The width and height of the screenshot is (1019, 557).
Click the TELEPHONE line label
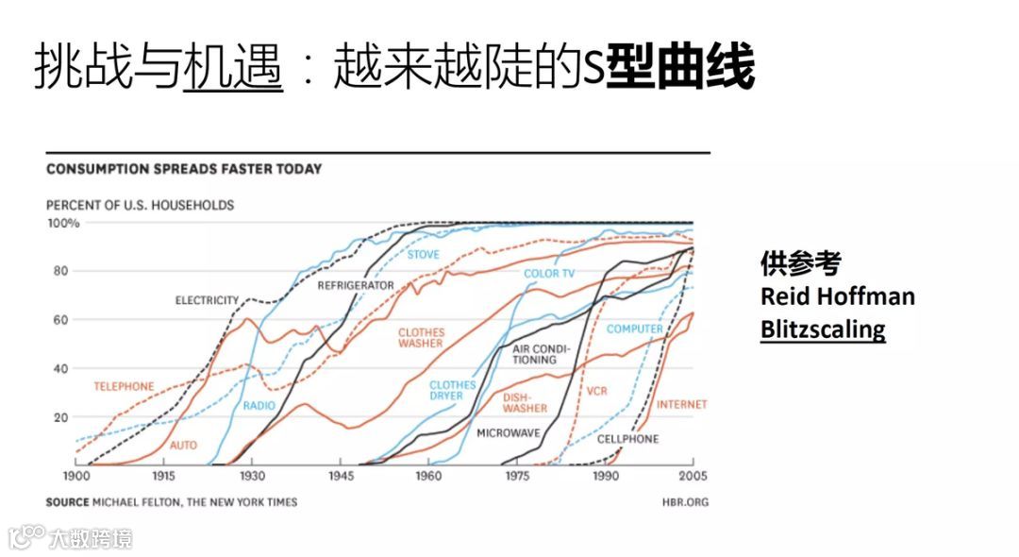(x=124, y=386)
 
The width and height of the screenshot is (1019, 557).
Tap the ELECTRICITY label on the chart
(x=207, y=300)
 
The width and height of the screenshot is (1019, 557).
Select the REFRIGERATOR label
(x=356, y=284)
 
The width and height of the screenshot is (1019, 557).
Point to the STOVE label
(x=424, y=255)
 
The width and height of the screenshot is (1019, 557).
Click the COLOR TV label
(x=549, y=274)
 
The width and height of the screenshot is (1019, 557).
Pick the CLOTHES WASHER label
(x=421, y=338)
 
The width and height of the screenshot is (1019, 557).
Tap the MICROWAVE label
(x=508, y=432)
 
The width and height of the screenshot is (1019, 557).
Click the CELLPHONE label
(x=628, y=439)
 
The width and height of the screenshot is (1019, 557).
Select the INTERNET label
(x=681, y=404)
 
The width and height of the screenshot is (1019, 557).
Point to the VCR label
(x=596, y=391)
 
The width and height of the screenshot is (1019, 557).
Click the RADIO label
(x=259, y=406)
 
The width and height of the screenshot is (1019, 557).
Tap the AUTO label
(x=183, y=445)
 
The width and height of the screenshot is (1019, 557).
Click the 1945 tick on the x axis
(x=341, y=476)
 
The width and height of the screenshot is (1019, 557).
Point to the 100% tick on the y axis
(x=63, y=223)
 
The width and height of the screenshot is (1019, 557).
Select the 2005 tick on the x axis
(x=693, y=476)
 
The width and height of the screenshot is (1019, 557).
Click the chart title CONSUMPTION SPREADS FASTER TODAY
(x=184, y=169)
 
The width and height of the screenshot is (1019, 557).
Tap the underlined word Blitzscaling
(x=823, y=329)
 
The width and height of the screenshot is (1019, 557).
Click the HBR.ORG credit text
(x=685, y=501)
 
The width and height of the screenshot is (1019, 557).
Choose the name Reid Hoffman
(x=838, y=296)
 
